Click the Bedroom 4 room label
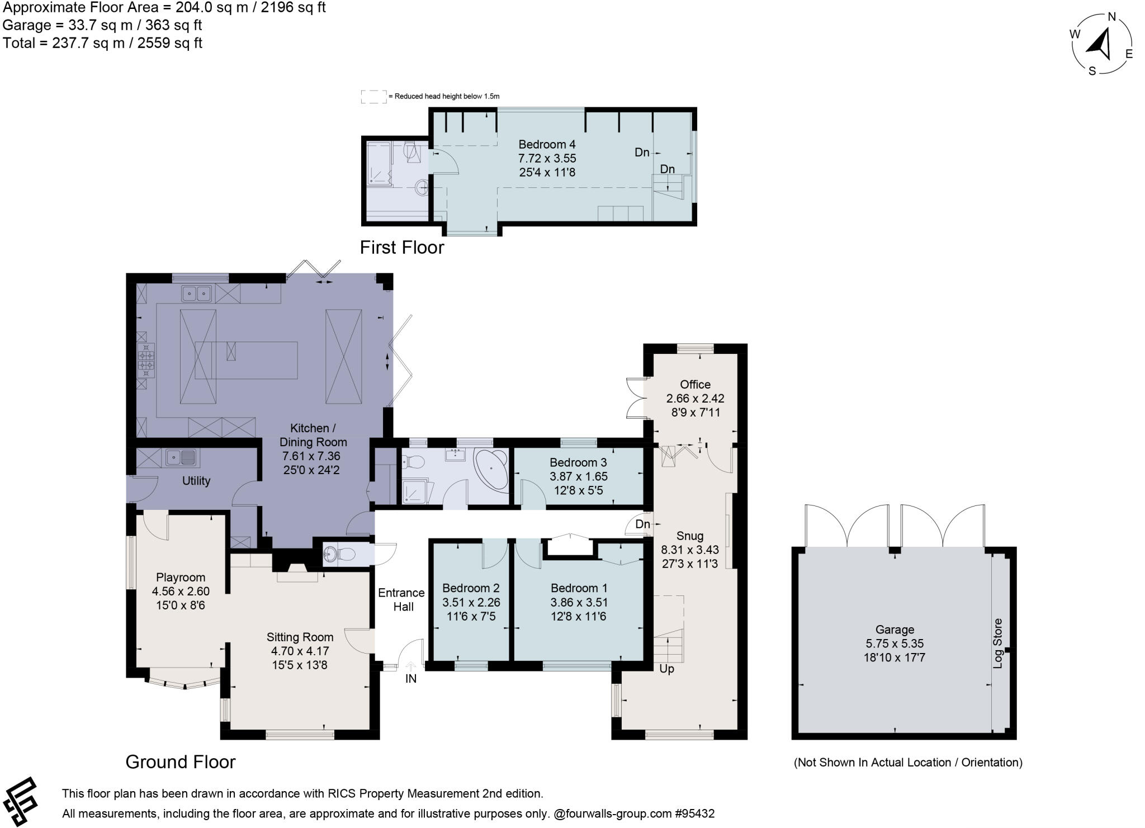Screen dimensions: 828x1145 click(x=547, y=144)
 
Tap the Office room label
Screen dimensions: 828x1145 click(x=695, y=384)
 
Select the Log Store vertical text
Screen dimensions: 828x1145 click(x=998, y=644)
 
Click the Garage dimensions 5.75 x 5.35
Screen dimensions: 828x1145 click(x=894, y=644)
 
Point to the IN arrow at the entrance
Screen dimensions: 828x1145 click(x=411, y=666)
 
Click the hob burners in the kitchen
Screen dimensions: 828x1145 click(x=146, y=359)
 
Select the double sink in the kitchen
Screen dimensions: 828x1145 click(x=196, y=292)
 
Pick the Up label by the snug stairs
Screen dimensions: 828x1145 click(x=666, y=669)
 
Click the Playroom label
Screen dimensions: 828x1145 click(x=181, y=578)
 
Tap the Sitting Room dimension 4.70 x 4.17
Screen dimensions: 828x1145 click(x=300, y=651)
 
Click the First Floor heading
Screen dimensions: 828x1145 click(x=401, y=247)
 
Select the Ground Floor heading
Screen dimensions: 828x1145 click(x=180, y=761)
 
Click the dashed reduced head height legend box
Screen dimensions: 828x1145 click(x=373, y=96)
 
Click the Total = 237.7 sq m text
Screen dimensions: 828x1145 click(x=102, y=43)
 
